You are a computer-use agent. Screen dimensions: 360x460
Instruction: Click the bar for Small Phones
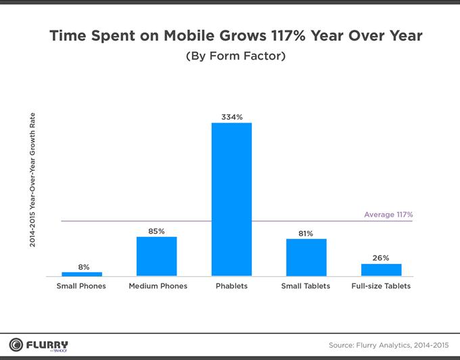point(82,274)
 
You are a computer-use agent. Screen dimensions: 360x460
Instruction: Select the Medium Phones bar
point(156,256)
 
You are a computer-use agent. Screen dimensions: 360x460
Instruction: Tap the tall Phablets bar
point(231,200)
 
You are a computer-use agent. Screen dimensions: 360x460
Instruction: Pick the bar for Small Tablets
point(306,258)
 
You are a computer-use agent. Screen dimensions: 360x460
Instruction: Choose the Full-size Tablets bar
point(381,269)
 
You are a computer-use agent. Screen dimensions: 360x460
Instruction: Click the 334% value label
point(231,117)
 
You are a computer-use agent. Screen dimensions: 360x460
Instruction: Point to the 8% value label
point(83,267)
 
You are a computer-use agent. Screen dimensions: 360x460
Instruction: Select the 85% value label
point(156,231)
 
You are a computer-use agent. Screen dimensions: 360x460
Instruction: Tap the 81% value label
point(306,233)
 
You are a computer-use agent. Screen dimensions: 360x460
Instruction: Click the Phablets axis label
point(231,286)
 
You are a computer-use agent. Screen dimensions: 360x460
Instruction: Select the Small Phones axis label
point(81,286)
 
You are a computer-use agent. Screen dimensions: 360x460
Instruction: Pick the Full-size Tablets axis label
point(381,286)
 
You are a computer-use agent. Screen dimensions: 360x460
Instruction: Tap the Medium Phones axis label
point(158,286)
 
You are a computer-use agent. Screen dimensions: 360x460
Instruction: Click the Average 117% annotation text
point(388,215)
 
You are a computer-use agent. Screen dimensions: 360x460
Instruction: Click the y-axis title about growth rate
point(32,179)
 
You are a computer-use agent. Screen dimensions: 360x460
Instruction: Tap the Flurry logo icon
point(16,344)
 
